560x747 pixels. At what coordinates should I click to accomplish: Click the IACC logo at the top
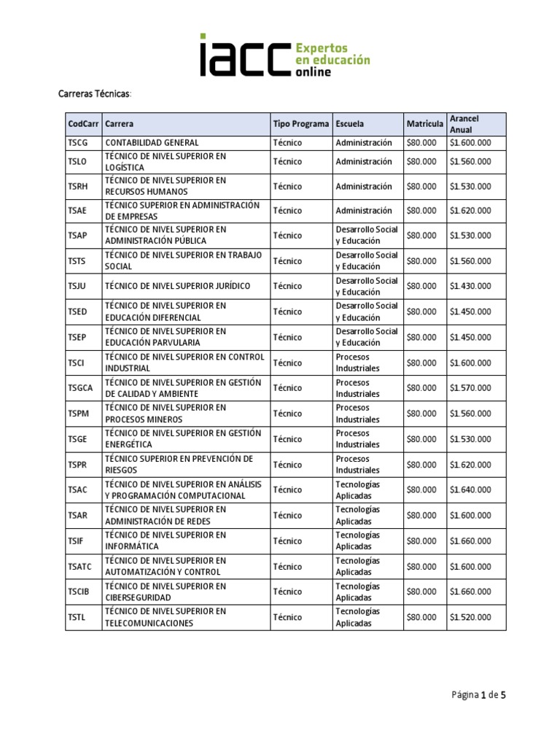(x=285, y=55)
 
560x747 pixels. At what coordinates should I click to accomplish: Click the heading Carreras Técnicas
(x=95, y=94)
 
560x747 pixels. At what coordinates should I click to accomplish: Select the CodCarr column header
(x=82, y=124)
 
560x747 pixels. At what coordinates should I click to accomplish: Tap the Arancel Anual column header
(x=464, y=124)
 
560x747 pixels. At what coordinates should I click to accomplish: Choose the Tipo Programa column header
(x=301, y=124)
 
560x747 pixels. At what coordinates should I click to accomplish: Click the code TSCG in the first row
(x=77, y=143)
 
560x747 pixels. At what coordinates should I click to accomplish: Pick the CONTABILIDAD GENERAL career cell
(x=152, y=143)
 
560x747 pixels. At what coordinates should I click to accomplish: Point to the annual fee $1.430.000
(x=470, y=286)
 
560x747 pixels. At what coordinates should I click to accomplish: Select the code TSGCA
(x=80, y=388)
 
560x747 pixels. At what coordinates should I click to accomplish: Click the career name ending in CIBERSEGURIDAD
(x=166, y=592)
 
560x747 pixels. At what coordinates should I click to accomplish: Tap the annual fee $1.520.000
(x=470, y=617)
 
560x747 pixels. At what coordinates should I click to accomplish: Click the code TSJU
(x=77, y=286)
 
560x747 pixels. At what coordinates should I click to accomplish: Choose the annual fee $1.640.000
(x=470, y=489)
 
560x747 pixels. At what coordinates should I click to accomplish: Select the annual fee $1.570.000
(x=470, y=388)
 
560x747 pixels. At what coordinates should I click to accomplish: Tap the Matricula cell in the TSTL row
(x=421, y=617)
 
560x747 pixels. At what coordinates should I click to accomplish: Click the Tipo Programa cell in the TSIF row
(x=287, y=541)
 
